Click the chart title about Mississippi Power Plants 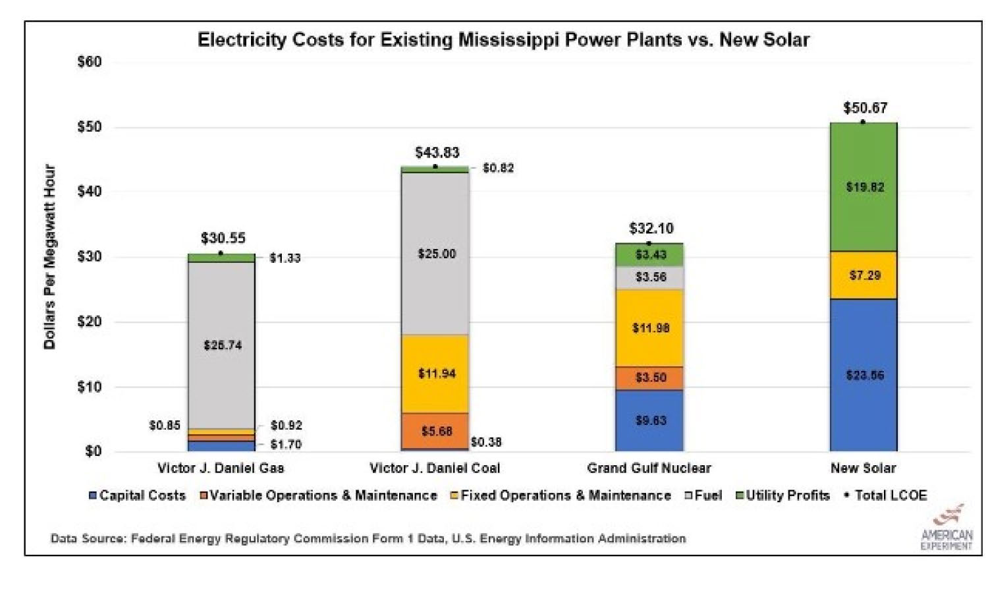point(503,40)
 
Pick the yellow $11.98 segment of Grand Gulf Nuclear point(649,328)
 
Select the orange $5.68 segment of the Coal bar point(435,431)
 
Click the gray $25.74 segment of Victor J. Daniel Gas point(222,345)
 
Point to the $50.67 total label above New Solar point(865,108)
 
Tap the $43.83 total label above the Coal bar point(437,153)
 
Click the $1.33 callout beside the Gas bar point(285,258)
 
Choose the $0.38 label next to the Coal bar point(486,442)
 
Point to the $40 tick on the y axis point(90,192)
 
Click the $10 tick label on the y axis point(90,387)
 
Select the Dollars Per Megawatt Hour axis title point(50,257)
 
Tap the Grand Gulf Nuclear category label point(649,468)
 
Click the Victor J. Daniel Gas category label point(221,468)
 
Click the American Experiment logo point(947,528)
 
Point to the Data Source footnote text point(368,539)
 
